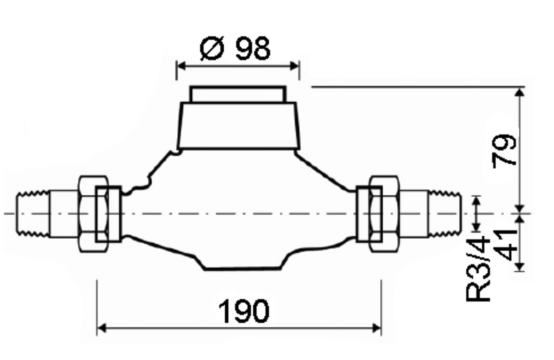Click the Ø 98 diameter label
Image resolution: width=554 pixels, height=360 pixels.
tap(235, 48)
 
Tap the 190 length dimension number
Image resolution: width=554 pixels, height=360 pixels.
tap(244, 311)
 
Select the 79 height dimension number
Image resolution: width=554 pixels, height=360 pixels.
tap(505, 150)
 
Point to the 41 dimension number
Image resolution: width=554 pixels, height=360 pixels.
tap(505, 244)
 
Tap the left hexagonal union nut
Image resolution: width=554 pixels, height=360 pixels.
tap(93, 214)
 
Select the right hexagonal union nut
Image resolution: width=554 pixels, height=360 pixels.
tap(384, 214)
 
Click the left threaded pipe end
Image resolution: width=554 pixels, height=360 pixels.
tap(33, 214)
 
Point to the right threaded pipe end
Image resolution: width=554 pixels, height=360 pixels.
tap(445, 214)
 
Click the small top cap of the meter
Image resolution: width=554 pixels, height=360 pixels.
tap(238, 94)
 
